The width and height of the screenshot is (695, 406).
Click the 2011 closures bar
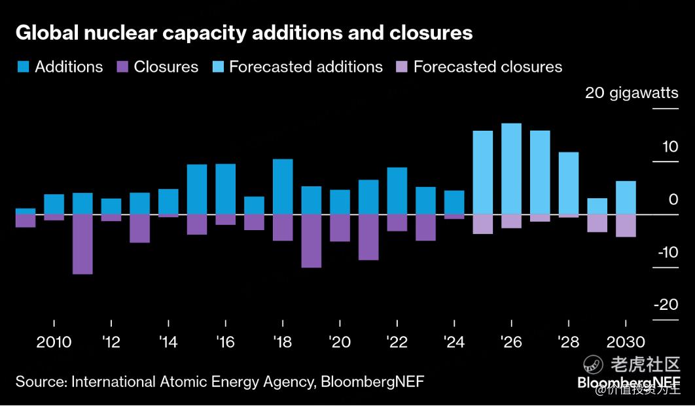pos(82,244)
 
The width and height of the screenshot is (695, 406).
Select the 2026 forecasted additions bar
pos(511,169)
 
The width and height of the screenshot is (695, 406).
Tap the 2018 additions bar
pos(283,186)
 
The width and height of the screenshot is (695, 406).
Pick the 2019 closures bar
pos(311,241)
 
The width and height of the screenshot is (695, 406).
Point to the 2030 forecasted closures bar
pos(626,226)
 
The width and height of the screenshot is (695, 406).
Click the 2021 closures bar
pos(368,237)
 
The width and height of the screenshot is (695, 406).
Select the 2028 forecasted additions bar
pos(568,183)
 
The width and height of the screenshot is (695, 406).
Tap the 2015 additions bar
pos(197,189)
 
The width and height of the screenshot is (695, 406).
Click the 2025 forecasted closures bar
pos(482,224)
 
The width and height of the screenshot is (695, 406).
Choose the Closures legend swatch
pos(122,67)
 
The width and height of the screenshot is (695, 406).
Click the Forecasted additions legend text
pos(306,67)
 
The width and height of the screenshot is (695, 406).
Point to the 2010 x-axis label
pos(54,343)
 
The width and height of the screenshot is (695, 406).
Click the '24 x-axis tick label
pos(454,343)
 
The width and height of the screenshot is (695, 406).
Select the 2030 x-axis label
pos(626,343)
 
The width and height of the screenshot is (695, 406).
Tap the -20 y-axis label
pos(666,305)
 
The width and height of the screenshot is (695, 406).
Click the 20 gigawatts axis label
pos(632,93)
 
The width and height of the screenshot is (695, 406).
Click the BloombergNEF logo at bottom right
pos(628,383)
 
